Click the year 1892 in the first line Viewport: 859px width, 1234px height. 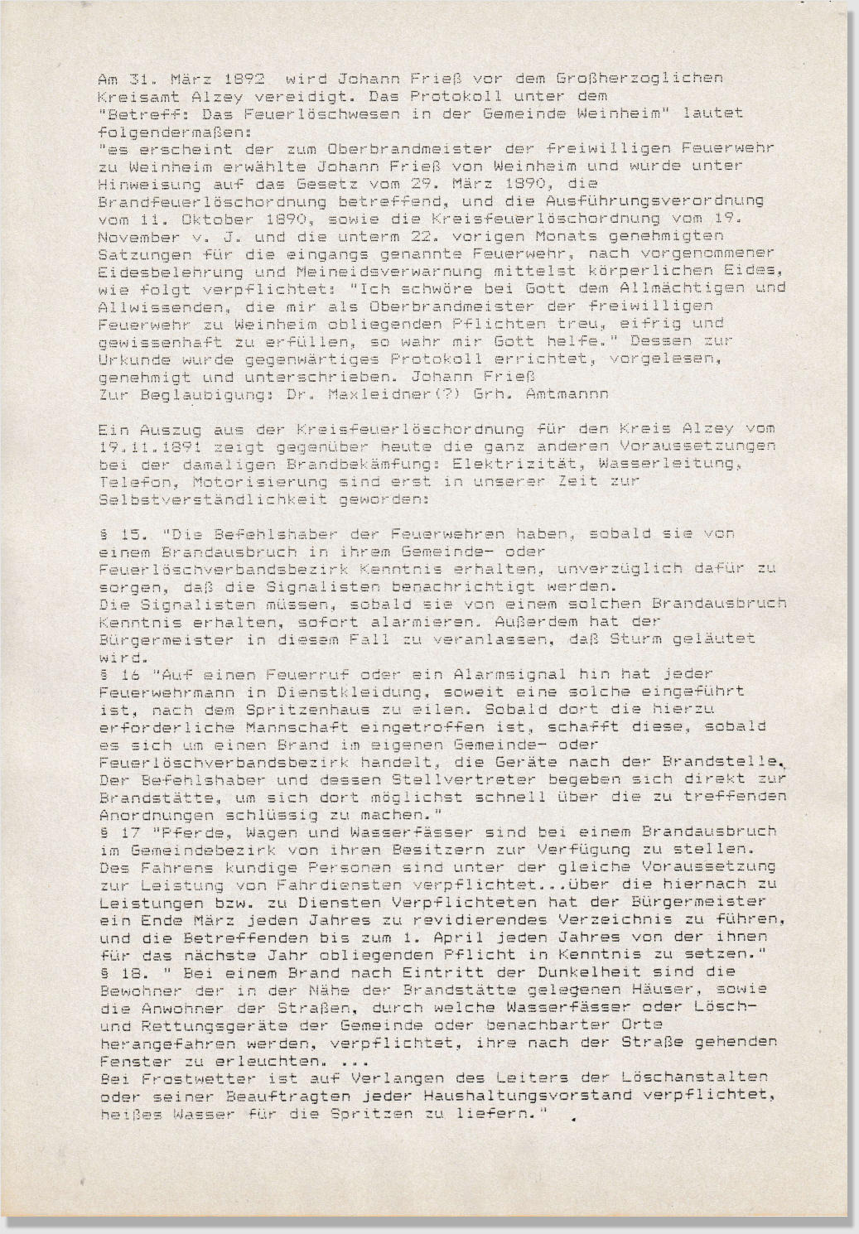(245, 79)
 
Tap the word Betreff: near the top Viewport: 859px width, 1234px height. (136, 113)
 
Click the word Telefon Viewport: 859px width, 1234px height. (128, 481)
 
